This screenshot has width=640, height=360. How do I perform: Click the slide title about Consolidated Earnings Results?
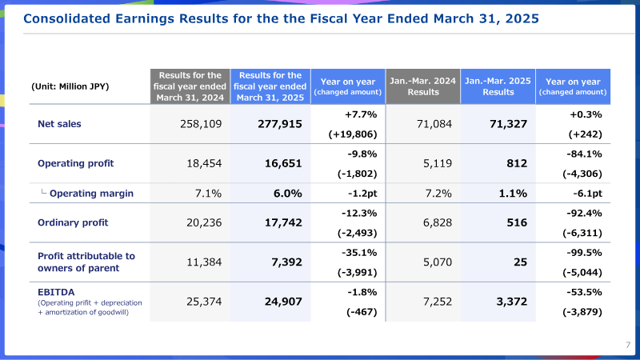[282, 18]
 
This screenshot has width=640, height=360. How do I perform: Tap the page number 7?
[628, 345]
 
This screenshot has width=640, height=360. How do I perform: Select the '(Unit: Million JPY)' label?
[70, 86]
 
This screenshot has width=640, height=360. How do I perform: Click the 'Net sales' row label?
[59, 124]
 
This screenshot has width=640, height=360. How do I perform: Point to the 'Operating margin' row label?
[91, 194]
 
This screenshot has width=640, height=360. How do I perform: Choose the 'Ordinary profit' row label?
[73, 223]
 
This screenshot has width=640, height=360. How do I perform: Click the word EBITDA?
[56, 292]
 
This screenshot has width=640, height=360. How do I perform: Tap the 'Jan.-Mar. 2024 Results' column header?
[423, 86]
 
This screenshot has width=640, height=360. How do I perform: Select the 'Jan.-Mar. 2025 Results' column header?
[498, 86]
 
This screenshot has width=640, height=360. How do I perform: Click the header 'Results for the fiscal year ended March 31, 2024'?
[190, 86]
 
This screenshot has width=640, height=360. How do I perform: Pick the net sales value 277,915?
[280, 124]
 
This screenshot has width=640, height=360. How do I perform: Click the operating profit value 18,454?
[204, 164]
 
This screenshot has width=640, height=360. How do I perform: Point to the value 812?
[517, 164]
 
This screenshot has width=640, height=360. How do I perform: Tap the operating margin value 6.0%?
[288, 194]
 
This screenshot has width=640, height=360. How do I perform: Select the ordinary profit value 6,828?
[438, 223]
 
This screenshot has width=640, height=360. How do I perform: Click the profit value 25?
[521, 262]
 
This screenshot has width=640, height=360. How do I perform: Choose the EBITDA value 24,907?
[283, 302]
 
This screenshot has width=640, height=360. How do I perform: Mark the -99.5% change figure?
[584, 253]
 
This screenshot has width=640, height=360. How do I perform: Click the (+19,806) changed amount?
[353, 134]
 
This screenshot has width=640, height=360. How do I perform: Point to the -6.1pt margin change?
[587, 194]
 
